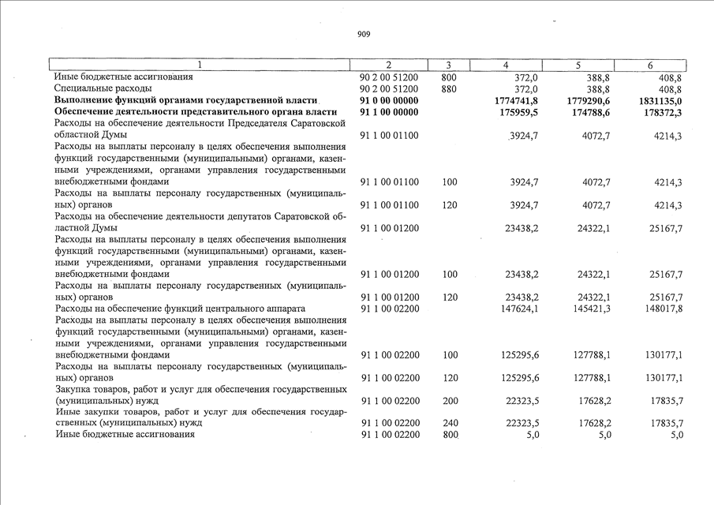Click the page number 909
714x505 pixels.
pyautogui.click(x=364, y=34)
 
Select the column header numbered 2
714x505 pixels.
pyautogui.click(x=389, y=65)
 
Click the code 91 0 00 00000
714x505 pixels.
pyautogui.click(x=390, y=101)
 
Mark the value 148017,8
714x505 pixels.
pyautogui.click(x=663, y=308)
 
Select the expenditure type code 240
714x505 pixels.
pyautogui.click(x=450, y=423)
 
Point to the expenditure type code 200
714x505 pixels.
pyautogui.click(x=450, y=401)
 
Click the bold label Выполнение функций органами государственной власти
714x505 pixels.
pyautogui.click(x=185, y=101)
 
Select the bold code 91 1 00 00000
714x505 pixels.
pyautogui.click(x=390, y=113)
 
